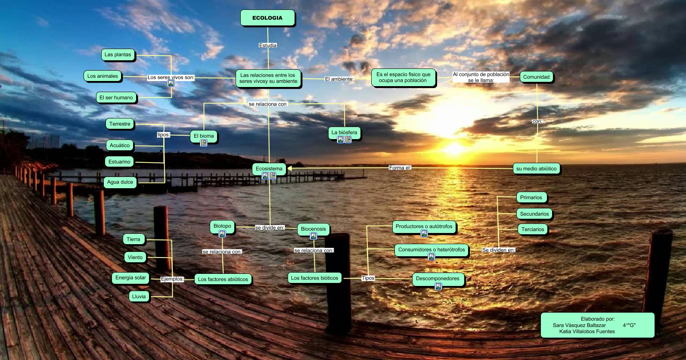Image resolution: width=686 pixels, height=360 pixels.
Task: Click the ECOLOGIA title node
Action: (x=267, y=18)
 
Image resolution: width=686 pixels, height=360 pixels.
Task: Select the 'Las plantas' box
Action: (x=118, y=55)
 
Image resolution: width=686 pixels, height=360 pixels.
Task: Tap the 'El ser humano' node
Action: (x=116, y=98)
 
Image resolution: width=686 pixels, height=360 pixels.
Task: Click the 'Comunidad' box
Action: (x=536, y=77)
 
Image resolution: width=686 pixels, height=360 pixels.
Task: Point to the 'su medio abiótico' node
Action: (x=536, y=169)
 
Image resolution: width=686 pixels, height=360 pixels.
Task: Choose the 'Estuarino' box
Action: (x=119, y=162)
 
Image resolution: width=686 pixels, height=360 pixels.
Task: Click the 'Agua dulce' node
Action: (x=120, y=182)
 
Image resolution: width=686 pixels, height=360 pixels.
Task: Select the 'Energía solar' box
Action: (x=130, y=278)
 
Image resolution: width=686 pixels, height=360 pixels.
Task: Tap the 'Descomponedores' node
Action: (x=438, y=279)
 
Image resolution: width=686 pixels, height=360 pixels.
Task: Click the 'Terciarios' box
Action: (x=533, y=230)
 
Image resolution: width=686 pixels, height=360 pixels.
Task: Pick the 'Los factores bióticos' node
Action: (x=314, y=278)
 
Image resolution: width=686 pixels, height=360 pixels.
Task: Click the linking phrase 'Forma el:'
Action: (x=400, y=168)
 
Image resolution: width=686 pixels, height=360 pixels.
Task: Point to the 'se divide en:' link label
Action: (x=270, y=228)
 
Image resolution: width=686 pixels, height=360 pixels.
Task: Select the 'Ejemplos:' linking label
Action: (x=172, y=279)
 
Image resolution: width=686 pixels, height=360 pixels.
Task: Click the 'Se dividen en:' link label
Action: (x=498, y=250)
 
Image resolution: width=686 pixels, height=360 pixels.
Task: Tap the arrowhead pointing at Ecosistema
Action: (x=290, y=168)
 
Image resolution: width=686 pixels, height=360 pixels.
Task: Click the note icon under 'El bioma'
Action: (x=204, y=143)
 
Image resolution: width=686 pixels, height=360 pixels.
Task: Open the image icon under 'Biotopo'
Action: (x=222, y=234)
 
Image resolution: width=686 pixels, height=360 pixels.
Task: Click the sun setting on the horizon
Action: (x=455, y=149)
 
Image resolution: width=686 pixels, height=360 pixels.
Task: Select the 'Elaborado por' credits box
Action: (x=597, y=325)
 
